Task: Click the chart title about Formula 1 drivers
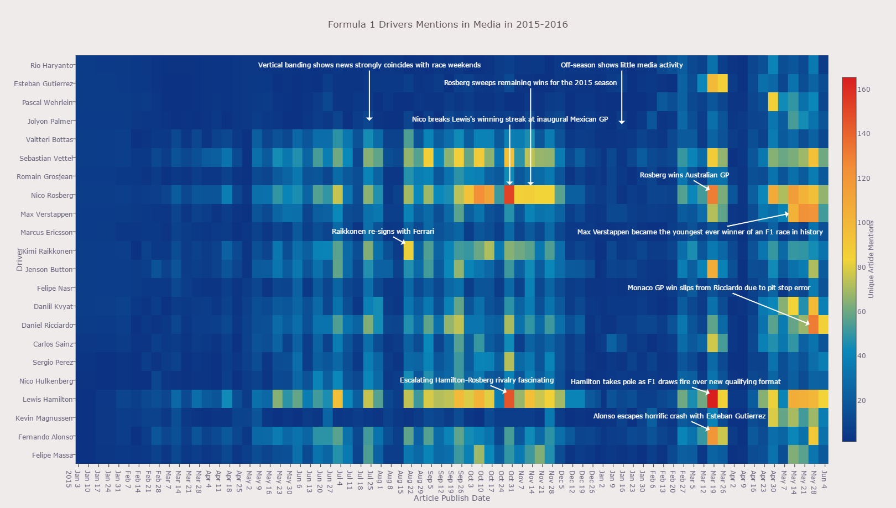[x=447, y=24]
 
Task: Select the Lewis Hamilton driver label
[x=48, y=400]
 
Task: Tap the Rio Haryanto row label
[x=51, y=66]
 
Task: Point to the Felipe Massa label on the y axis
[x=53, y=455]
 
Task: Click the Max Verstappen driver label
[x=46, y=214]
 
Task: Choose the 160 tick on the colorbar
[x=863, y=90]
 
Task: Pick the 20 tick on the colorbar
[x=861, y=401]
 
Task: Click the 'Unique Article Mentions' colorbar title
[x=871, y=259]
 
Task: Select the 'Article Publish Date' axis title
[x=451, y=498]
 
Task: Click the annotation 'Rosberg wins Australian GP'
[x=684, y=175]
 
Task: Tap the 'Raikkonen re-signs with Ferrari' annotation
[x=383, y=232]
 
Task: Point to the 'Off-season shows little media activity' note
[x=622, y=65]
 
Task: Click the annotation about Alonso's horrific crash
[x=679, y=416]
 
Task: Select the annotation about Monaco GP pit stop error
[x=718, y=288]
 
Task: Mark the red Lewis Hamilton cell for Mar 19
[x=712, y=399]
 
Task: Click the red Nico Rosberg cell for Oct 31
[x=509, y=195]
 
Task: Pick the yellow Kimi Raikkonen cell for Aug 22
[x=409, y=251]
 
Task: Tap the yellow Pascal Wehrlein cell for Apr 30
[x=773, y=102]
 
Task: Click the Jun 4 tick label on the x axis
[x=824, y=476]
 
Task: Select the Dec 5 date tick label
[x=561, y=476]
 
